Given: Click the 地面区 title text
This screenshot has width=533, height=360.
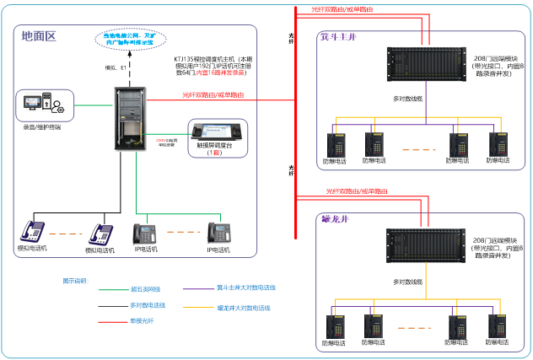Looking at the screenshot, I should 39,36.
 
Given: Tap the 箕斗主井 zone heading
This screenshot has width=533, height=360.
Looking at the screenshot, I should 338,38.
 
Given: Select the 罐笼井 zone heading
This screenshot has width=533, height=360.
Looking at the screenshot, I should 335,220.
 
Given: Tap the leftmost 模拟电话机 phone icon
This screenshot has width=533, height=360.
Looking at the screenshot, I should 34,232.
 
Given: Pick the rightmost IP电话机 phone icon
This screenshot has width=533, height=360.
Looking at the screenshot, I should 222,234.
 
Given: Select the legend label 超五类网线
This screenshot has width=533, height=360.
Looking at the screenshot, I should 147,288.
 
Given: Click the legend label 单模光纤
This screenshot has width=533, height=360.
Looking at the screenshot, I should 142,320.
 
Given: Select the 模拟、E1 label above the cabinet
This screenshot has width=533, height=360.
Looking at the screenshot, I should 114,67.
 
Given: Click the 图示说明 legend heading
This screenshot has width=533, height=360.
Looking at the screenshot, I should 75,279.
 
